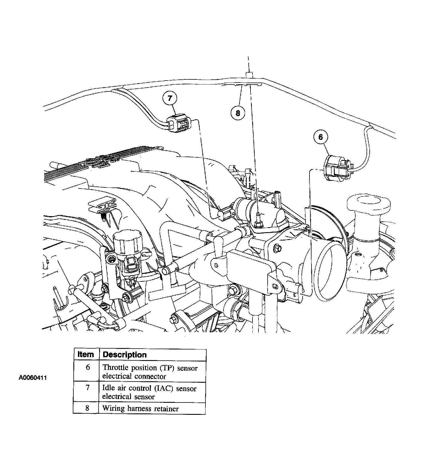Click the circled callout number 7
(x=170, y=98)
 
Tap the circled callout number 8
(x=238, y=113)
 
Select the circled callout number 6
(x=321, y=137)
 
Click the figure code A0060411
(x=33, y=378)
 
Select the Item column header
(x=86, y=355)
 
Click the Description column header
(x=124, y=355)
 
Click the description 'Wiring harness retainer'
(x=140, y=409)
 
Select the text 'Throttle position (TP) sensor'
(x=150, y=368)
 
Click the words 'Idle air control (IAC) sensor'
(x=149, y=388)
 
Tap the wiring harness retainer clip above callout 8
(x=242, y=85)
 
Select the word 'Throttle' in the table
(x=115, y=368)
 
